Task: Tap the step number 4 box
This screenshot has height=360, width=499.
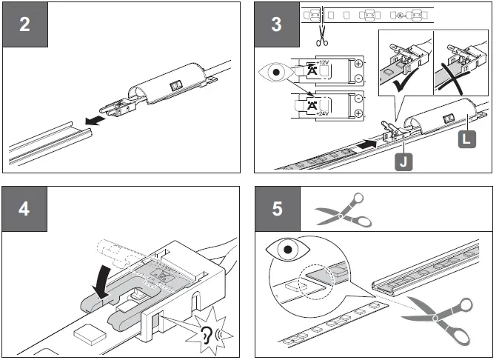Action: [25, 208]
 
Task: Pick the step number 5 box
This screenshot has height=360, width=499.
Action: [276, 208]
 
